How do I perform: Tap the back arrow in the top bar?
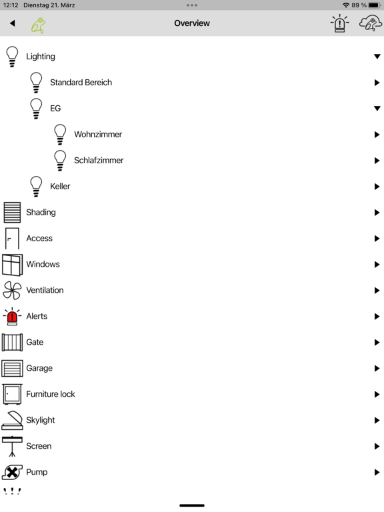13,23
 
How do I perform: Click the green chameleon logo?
38,25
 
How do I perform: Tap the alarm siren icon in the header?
339,23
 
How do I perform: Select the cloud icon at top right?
370,24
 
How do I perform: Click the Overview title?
192,23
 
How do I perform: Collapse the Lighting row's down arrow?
377,57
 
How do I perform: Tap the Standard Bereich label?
81,82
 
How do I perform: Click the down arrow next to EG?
377,109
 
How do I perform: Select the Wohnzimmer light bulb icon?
60,134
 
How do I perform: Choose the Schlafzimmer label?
99,160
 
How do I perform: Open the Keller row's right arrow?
377,187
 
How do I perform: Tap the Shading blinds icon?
12,212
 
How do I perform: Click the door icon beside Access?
12,239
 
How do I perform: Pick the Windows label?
43,264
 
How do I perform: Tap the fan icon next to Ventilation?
12,290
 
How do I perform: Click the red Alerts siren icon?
12,317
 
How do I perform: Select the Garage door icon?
12,368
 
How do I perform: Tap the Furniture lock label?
51,394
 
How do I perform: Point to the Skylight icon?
12,420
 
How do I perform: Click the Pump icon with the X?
12,472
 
